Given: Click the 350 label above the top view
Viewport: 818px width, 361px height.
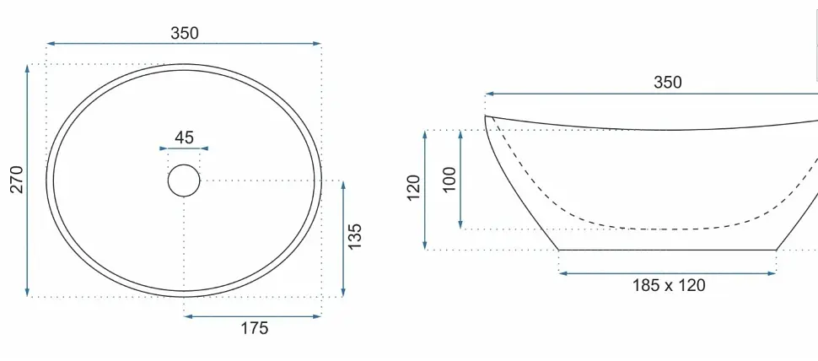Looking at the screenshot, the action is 185,33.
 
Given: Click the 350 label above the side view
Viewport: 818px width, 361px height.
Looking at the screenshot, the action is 668,83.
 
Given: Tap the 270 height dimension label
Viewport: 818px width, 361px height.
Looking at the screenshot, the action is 17,180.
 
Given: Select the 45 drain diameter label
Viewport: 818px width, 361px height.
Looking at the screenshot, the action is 184,137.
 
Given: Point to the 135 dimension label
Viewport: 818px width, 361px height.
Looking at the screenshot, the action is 354,236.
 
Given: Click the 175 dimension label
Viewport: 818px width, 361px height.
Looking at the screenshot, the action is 254,328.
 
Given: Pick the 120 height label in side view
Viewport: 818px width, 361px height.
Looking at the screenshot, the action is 413,188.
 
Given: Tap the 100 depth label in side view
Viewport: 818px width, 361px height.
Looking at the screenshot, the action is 449,180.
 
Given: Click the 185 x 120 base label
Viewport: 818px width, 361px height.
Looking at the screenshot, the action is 669,285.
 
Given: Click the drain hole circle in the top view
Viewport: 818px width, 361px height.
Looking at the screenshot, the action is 184,164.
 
